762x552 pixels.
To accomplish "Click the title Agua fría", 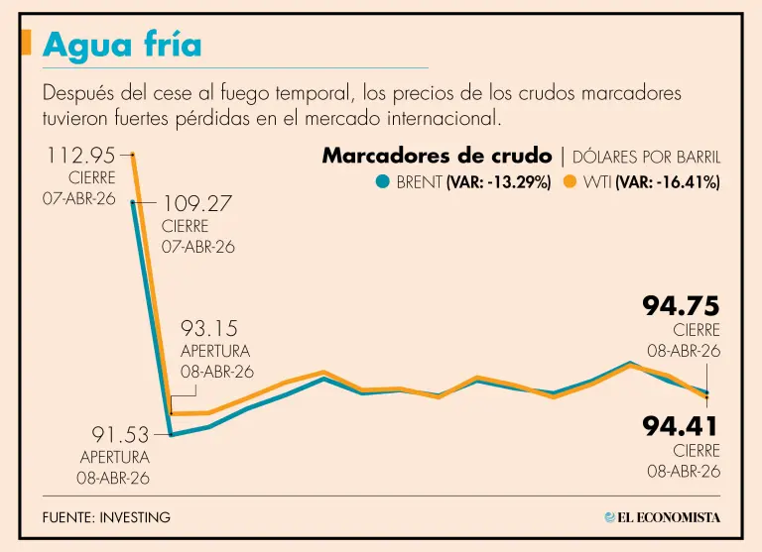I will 122,45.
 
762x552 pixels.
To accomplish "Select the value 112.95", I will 79,155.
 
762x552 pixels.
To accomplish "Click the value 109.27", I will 197,203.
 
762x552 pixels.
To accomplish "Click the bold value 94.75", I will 680,305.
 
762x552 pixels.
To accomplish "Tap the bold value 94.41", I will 680,427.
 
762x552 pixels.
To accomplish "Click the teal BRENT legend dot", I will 383,182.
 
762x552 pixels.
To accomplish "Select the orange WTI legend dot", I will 570,182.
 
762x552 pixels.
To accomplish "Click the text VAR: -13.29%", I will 498,182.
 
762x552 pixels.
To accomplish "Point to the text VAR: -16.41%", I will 667,182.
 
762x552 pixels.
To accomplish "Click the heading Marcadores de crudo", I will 437,156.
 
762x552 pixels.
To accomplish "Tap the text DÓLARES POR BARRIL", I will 647,157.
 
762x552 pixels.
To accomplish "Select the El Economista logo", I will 662,517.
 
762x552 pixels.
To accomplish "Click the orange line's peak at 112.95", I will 133,155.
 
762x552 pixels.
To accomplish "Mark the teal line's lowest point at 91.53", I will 171,434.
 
